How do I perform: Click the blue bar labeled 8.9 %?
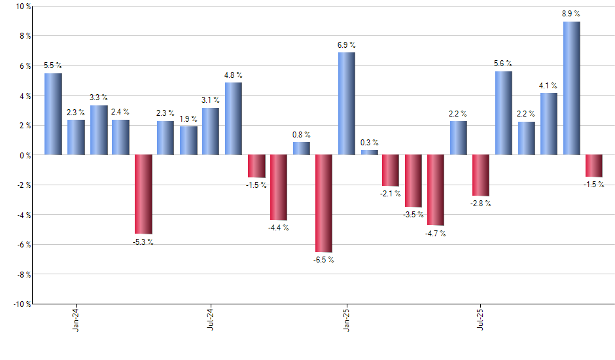pyautogui.click(x=571, y=88)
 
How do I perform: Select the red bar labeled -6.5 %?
pyautogui.click(x=324, y=204)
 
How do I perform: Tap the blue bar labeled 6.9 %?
pyautogui.click(x=346, y=103)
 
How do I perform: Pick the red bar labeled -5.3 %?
pyautogui.click(x=143, y=194)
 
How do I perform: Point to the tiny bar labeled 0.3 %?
pyautogui.click(x=369, y=153)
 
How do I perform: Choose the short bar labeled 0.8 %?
pyautogui.click(x=301, y=149)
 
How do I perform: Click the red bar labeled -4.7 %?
pyautogui.click(x=436, y=190)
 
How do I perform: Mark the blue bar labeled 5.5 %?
pyautogui.click(x=53, y=114)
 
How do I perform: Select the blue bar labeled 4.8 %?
pyautogui.click(x=234, y=118)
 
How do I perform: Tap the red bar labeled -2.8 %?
pyautogui.click(x=481, y=175)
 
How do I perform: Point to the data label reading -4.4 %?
pyautogui.click(x=279, y=228)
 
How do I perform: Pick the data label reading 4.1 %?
pyautogui.click(x=548, y=85)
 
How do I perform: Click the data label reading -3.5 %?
pyautogui.click(x=413, y=215)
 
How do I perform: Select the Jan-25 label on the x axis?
pyautogui.click(x=346, y=319)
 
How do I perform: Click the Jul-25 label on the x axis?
pyautogui.click(x=481, y=319)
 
